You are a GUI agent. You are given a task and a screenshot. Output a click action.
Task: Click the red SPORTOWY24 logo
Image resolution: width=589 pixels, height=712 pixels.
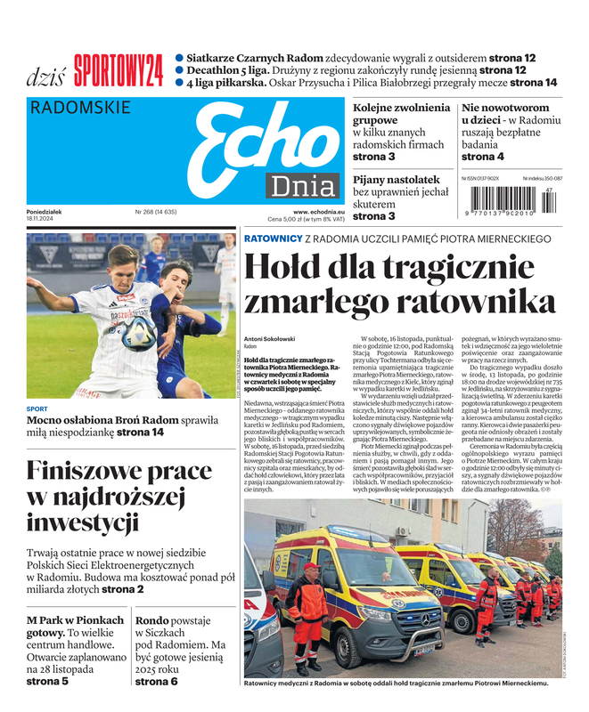pos(119,70)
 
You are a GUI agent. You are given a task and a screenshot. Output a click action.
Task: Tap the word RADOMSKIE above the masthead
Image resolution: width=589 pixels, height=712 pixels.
pos(80,109)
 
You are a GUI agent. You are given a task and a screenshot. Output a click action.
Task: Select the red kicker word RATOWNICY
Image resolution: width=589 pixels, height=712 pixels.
pos(273,239)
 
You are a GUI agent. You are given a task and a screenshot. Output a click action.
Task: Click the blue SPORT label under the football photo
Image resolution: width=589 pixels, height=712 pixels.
pos(37,409)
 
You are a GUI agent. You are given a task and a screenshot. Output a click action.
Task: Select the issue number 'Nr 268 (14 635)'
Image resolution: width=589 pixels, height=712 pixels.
pos(156,212)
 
